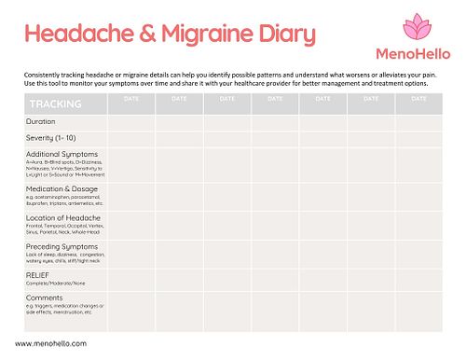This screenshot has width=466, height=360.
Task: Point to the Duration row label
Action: (x=41, y=121)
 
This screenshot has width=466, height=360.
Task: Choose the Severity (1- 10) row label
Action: (x=51, y=137)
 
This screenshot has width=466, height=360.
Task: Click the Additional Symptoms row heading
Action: (x=62, y=153)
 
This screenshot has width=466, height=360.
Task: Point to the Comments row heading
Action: (x=45, y=297)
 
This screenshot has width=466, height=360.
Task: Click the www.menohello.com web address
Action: (x=51, y=343)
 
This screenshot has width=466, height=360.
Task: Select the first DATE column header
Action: (x=130, y=97)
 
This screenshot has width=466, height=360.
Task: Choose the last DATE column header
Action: (x=418, y=97)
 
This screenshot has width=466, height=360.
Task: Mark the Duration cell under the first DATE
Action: (x=130, y=121)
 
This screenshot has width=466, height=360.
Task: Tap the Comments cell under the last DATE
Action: (x=418, y=308)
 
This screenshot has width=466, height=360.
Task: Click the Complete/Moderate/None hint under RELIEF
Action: (x=55, y=284)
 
